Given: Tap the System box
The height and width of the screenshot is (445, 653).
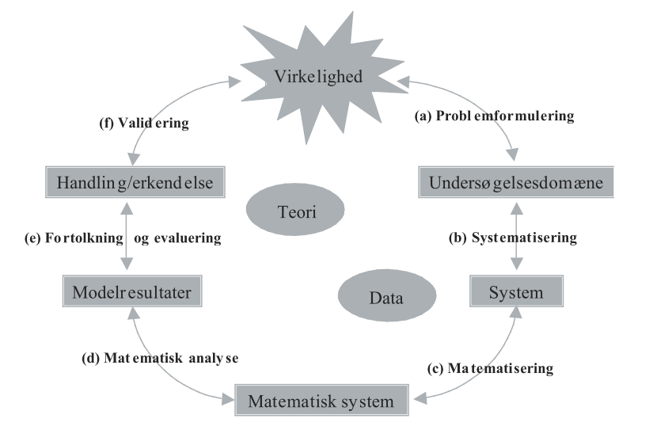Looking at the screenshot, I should tap(515, 292).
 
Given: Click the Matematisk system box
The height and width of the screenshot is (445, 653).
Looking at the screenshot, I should tap(321, 401).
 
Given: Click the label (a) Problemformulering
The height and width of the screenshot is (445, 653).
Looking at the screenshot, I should tap(494, 116).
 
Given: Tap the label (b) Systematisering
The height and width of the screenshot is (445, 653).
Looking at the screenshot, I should tap(523, 237).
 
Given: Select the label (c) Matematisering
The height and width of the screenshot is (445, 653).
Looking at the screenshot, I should tap(500, 368).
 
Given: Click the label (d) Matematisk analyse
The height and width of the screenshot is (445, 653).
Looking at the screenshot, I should tap(161, 357).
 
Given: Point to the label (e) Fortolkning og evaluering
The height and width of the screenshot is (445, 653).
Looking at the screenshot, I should tap(121, 237).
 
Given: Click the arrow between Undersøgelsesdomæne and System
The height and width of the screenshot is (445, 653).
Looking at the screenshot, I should tap(516, 238).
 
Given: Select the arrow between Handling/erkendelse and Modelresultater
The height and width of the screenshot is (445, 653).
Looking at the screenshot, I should tap(127, 238).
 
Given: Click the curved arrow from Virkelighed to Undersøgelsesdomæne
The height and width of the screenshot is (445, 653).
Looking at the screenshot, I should tap(490, 98).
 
